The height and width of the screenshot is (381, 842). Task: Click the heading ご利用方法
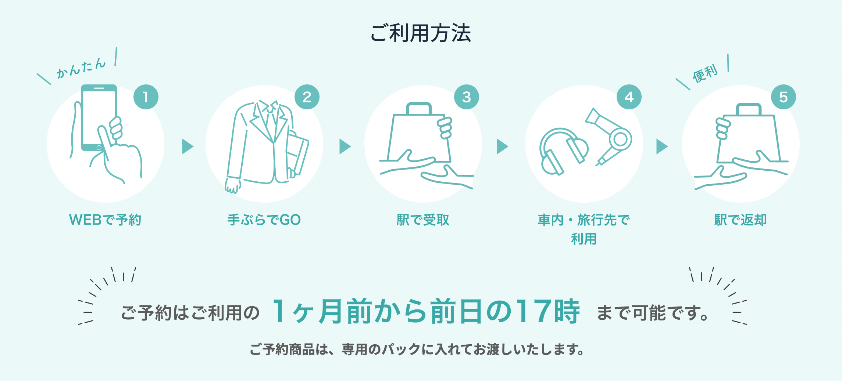pyautogui.click(x=421, y=33)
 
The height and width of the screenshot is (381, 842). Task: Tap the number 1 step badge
pyautogui.click(x=146, y=97)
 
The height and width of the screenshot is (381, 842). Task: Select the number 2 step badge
pyautogui.click(x=307, y=97)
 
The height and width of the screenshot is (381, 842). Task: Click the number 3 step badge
pyautogui.click(x=467, y=97)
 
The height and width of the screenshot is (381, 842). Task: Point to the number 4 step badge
pyautogui.click(x=629, y=97)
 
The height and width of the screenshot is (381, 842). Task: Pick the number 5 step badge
pyautogui.click(x=784, y=97)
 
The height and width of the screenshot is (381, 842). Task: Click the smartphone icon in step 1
pyautogui.click(x=99, y=117)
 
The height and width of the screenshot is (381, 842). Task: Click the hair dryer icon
pyautogui.click(x=609, y=136)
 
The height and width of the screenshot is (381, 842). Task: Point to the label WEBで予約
pyautogui.click(x=105, y=220)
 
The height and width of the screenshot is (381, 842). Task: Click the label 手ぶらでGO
pyautogui.click(x=264, y=220)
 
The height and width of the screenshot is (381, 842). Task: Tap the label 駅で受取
pyautogui.click(x=423, y=220)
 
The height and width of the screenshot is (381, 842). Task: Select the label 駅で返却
pyautogui.click(x=741, y=220)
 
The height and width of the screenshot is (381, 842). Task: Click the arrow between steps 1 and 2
pyautogui.click(x=188, y=146)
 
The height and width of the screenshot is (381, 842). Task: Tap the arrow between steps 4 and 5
pyautogui.click(x=662, y=146)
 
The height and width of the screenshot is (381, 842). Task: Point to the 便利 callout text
pyautogui.click(x=705, y=73)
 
